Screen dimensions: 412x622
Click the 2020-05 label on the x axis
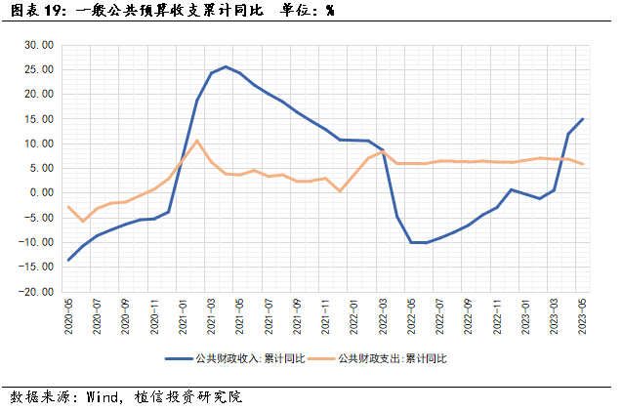(68, 315)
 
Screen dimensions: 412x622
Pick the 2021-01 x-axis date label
(183, 315)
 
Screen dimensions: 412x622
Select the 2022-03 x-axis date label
(382, 315)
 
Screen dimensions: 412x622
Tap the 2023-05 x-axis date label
(582, 315)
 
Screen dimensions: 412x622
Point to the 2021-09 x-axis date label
(297, 315)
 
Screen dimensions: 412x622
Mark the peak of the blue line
(226, 66)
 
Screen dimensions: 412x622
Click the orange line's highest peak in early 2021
(197, 141)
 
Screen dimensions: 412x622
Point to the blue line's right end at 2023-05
(583, 119)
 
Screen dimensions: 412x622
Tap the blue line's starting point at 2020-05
(68, 260)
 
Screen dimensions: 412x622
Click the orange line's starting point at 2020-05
(68, 206)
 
